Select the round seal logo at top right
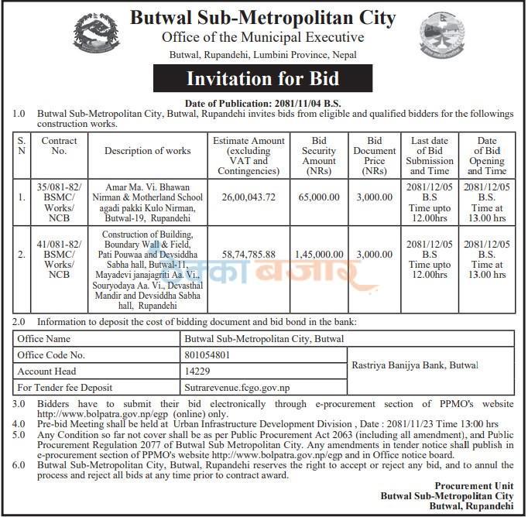click(443, 37)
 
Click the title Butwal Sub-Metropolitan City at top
click(262, 18)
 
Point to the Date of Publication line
click(264, 103)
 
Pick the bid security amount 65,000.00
click(318, 197)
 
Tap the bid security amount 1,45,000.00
click(318, 253)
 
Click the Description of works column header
click(147, 151)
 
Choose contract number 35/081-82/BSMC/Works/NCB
click(59, 197)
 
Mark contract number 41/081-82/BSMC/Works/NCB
click(59, 253)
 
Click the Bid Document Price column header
click(375, 155)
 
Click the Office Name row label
click(46, 339)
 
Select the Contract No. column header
click(59, 146)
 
